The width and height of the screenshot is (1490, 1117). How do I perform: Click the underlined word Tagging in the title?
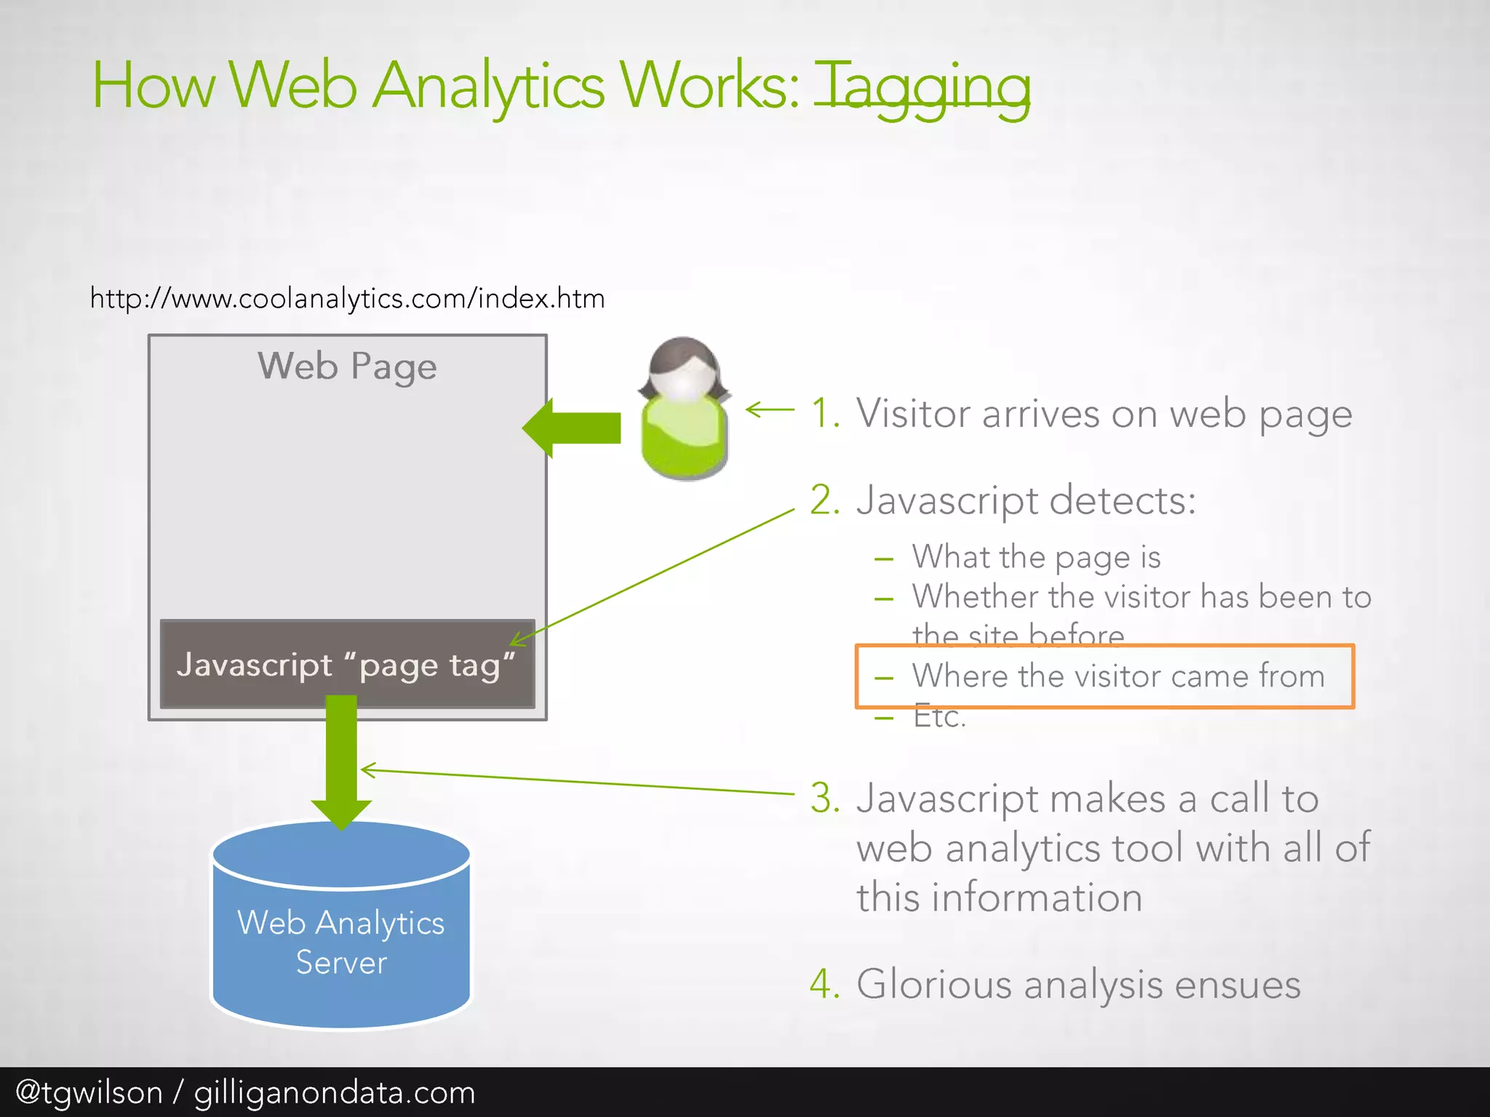(x=921, y=87)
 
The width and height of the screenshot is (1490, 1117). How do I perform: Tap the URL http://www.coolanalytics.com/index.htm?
(x=347, y=298)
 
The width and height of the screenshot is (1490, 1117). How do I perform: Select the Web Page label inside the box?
(x=347, y=366)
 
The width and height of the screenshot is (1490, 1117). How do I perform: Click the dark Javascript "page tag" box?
(x=347, y=664)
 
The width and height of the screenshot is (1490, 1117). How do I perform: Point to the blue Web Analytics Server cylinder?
(x=341, y=938)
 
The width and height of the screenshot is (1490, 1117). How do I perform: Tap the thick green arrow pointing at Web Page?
(x=572, y=428)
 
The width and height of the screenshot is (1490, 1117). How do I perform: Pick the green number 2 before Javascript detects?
(x=824, y=500)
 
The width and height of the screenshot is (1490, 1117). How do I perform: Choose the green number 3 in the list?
(x=824, y=798)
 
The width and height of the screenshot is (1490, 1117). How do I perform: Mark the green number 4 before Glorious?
(x=824, y=985)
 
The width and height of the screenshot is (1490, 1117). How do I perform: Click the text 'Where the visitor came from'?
(x=1118, y=676)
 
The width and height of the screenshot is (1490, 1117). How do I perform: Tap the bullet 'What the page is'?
(x=1036, y=557)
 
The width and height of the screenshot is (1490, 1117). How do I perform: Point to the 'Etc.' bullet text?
(x=939, y=717)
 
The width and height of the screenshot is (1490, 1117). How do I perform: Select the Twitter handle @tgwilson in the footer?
(x=89, y=1092)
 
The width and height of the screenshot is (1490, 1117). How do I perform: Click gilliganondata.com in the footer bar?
(x=335, y=1092)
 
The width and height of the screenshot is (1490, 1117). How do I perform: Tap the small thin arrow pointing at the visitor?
(x=770, y=410)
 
